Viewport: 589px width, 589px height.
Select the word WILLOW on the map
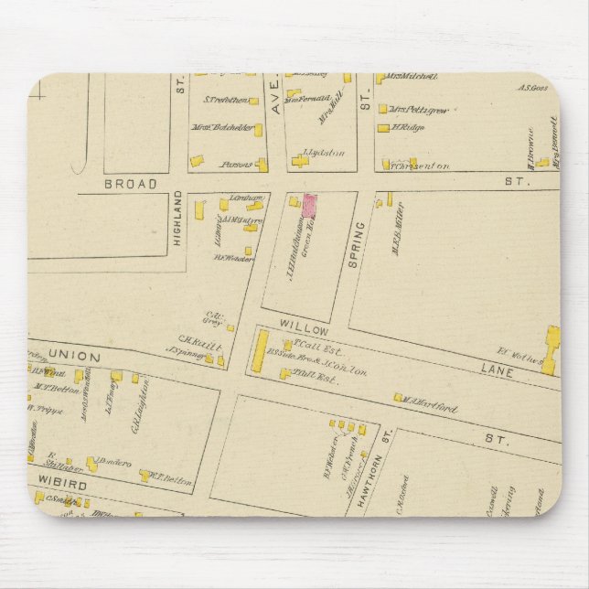tap(297, 324)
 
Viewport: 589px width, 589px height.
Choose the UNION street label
tap(66, 353)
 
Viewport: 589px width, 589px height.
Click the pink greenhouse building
tap(309, 204)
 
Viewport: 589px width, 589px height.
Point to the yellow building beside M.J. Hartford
tap(398, 397)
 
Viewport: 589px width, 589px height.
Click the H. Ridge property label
tap(405, 127)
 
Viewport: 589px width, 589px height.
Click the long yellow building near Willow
tap(260, 353)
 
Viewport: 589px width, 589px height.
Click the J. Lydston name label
tap(327, 153)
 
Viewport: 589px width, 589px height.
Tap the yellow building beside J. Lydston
tap(301, 162)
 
